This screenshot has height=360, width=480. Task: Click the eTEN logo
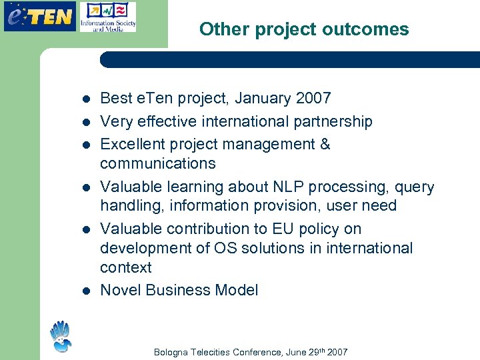tap(39, 16)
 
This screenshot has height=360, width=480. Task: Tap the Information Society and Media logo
tap(107, 17)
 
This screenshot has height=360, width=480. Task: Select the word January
tap(255, 99)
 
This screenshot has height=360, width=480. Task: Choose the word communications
tap(157, 163)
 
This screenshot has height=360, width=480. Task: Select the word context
tap(126, 267)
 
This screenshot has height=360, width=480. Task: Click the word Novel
tap(120, 290)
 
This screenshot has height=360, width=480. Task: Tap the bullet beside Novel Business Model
tap(85, 291)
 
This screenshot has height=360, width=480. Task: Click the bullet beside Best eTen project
tap(85, 99)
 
